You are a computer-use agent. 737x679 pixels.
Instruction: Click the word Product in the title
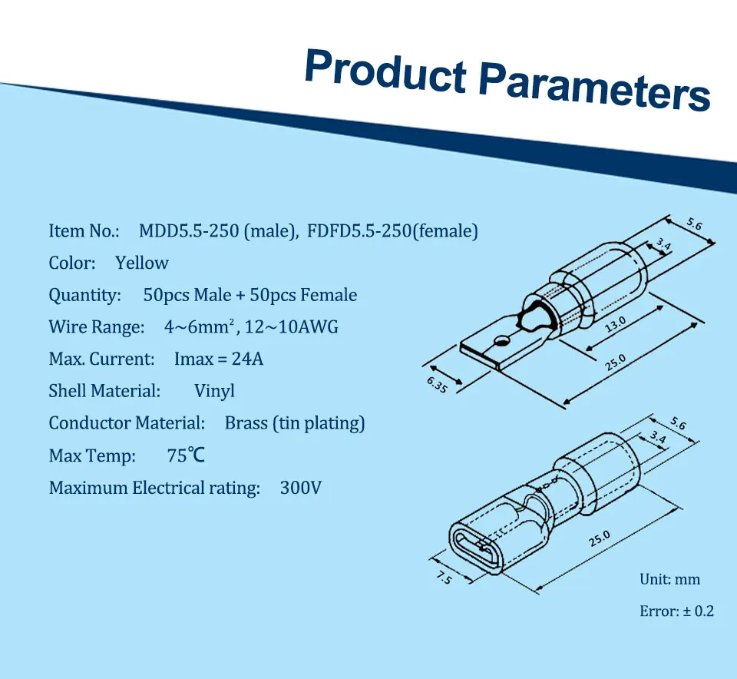[x=386, y=74]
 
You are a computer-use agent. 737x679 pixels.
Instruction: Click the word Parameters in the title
[x=595, y=88]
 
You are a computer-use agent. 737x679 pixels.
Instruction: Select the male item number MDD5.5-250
[x=189, y=231]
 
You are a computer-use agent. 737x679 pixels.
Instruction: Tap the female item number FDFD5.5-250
[x=359, y=231]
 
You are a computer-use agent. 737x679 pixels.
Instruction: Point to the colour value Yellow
[x=142, y=263]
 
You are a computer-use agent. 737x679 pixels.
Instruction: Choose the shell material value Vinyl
[x=214, y=391]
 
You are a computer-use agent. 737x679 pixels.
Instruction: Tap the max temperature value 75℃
[x=186, y=455]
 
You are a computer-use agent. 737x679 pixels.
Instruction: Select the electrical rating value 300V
[x=301, y=488]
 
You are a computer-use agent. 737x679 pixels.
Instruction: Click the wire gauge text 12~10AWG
[x=292, y=326]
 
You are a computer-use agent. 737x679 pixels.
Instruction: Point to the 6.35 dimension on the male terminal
[x=437, y=385]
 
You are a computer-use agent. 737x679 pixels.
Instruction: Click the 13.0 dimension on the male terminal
[x=615, y=324]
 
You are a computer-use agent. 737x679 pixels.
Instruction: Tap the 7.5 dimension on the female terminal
[x=444, y=578]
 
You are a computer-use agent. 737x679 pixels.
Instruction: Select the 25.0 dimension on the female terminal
[x=600, y=538]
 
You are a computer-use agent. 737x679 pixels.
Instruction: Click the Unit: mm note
[x=669, y=579]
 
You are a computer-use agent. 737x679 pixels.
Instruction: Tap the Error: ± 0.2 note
[x=677, y=611]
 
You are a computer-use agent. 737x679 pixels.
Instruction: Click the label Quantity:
[x=85, y=295]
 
